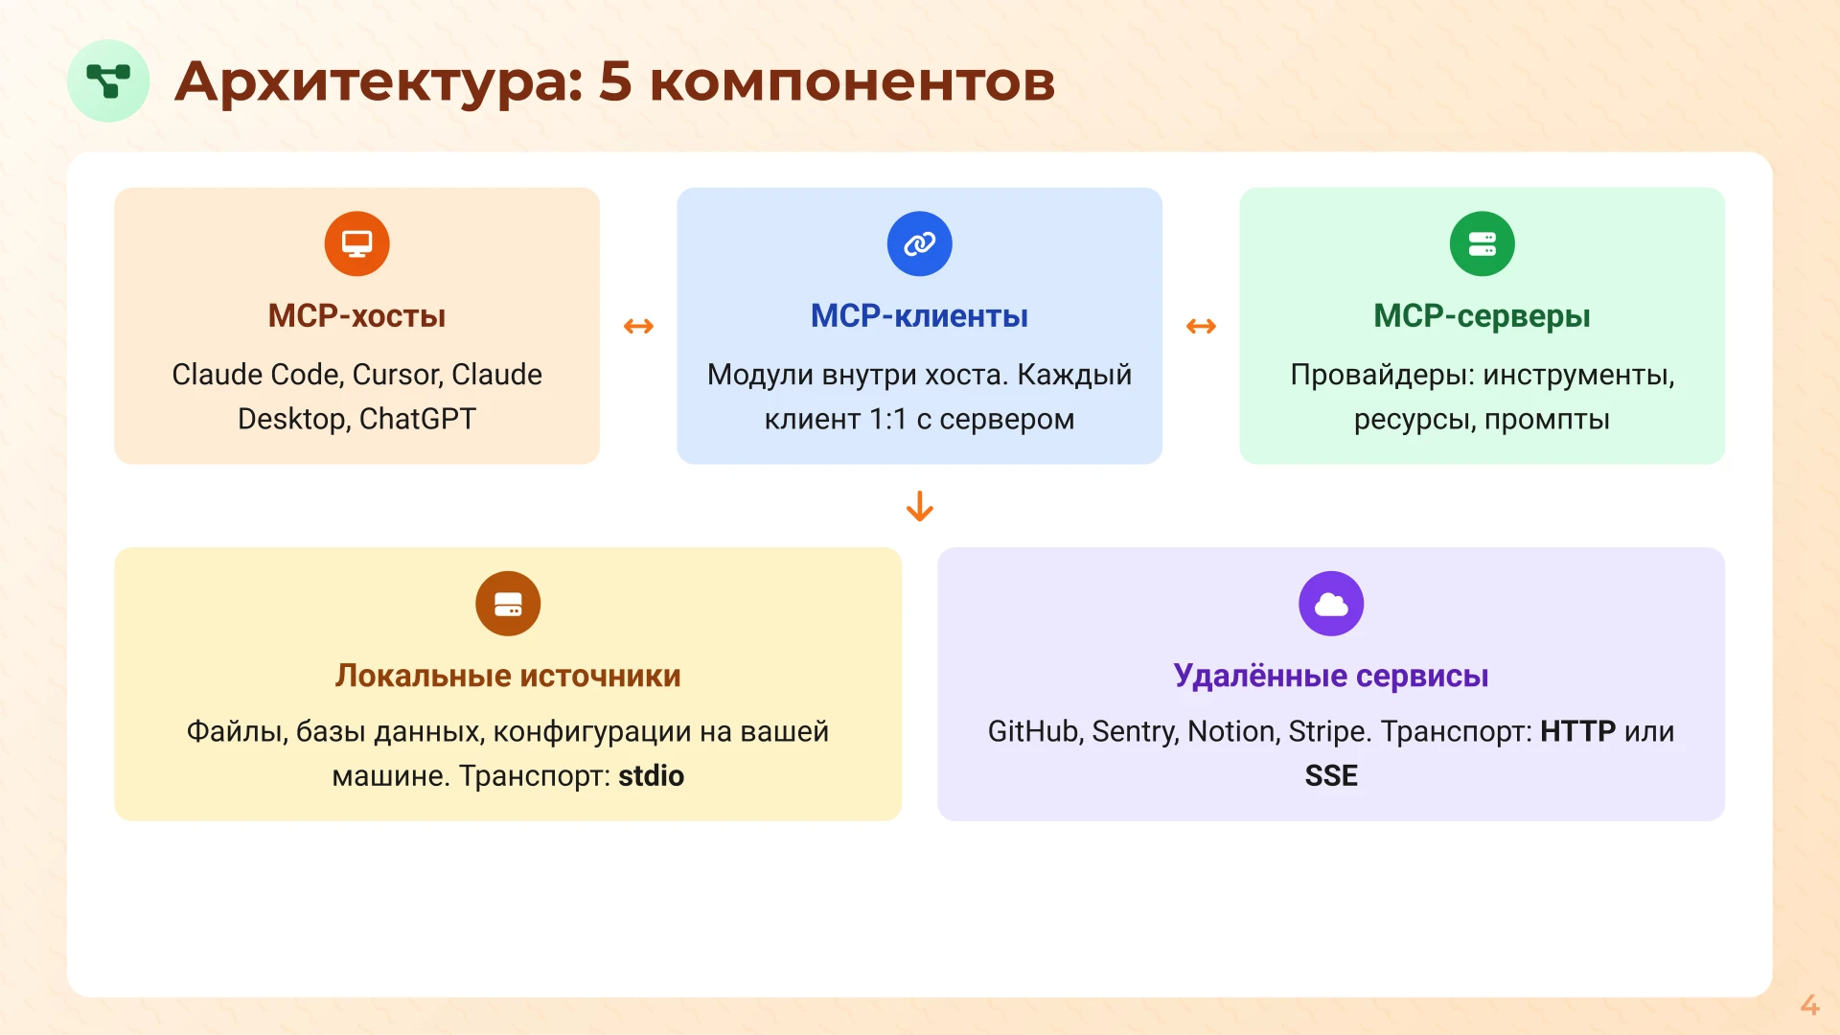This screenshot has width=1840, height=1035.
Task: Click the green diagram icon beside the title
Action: (108, 80)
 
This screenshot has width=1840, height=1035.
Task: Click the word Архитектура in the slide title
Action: (379, 81)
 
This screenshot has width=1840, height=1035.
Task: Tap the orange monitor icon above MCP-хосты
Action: (356, 243)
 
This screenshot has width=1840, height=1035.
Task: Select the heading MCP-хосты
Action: (356, 316)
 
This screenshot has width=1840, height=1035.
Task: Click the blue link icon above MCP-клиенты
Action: (919, 243)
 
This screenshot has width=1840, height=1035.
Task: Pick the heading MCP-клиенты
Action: (919, 316)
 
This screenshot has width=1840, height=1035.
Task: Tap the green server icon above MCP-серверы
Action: (1482, 243)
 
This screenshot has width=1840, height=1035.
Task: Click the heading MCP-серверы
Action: (1482, 316)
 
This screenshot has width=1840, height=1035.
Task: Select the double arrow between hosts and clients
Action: (638, 327)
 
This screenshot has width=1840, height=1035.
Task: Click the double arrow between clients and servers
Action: (1201, 327)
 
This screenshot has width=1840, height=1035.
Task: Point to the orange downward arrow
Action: (919, 506)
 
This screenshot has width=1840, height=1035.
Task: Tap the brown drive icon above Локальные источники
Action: (508, 604)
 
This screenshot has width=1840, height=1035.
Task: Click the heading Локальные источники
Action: (508, 676)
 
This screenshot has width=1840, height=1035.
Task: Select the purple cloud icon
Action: (1330, 604)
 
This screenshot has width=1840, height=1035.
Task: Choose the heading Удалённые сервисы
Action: (1330, 676)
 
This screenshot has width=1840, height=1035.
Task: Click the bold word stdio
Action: (651, 775)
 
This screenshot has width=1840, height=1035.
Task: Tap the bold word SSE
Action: (1330, 775)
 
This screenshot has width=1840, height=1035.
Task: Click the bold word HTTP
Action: (1577, 731)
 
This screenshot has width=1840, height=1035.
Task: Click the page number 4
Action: (1808, 1004)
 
